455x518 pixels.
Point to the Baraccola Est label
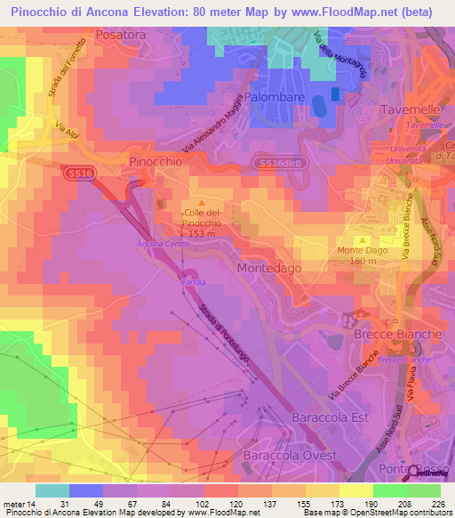click(325, 417)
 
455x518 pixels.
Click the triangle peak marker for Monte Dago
click(363, 240)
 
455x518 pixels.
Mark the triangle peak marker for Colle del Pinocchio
click(200, 205)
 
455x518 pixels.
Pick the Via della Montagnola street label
click(339, 55)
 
